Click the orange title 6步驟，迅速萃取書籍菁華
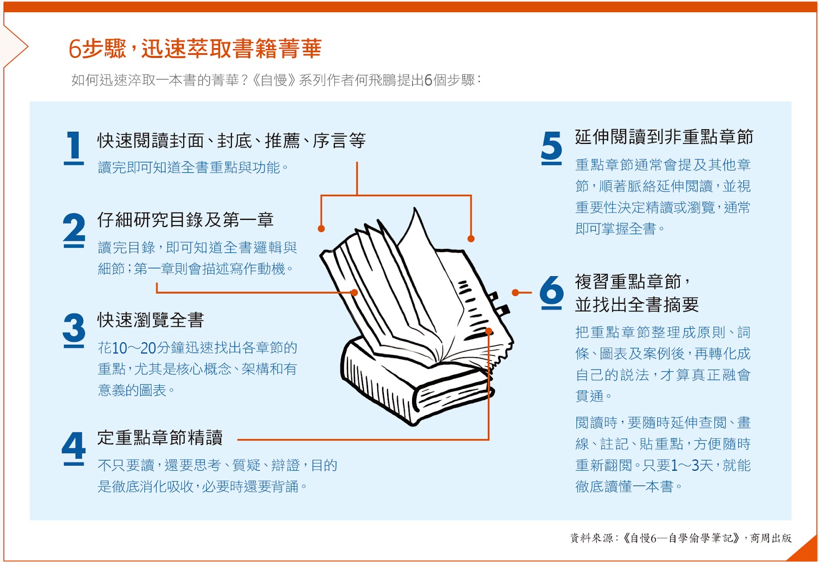tap(195, 49)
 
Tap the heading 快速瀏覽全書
tap(150, 320)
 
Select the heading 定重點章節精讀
tap(160, 437)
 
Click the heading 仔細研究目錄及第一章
tap(185, 220)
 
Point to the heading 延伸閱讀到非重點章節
tap(663, 137)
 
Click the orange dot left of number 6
tap(515, 293)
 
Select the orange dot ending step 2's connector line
tap(354, 293)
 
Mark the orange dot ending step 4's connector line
tap(488, 331)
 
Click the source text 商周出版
tap(771, 538)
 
